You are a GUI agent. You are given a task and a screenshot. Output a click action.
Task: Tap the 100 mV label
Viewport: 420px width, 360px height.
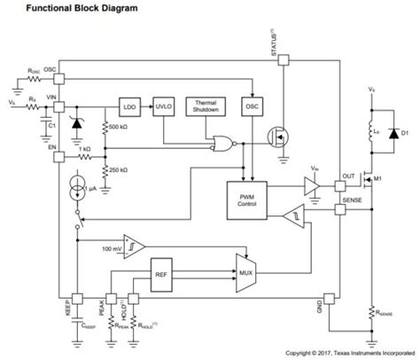coord(112,248)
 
